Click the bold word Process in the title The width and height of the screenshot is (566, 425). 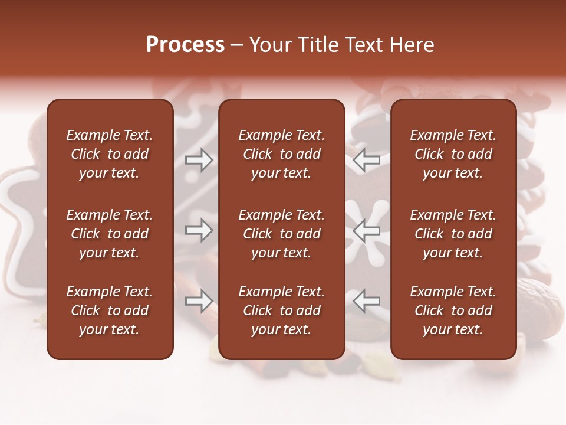(185, 45)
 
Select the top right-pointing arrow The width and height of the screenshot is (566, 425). (199, 160)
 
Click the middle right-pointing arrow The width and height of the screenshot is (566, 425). (199, 230)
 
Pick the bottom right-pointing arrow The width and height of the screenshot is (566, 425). (199, 301)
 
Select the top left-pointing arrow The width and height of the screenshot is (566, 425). (366, 160)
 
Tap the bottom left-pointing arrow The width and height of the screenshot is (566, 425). (366, 301)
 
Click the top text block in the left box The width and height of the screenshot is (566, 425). (110, 154)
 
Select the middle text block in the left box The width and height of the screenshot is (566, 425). (110, 234)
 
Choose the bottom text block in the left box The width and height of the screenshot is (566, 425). (110, 310)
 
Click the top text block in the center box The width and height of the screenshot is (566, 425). (281, 154)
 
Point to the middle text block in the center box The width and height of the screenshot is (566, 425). (281, 234)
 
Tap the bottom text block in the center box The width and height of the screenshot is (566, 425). (281, 310)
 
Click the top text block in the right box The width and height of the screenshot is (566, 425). (453, 154)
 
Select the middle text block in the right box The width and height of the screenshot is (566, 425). (453, 234)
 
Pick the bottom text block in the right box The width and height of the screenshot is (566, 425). (453, 310)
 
